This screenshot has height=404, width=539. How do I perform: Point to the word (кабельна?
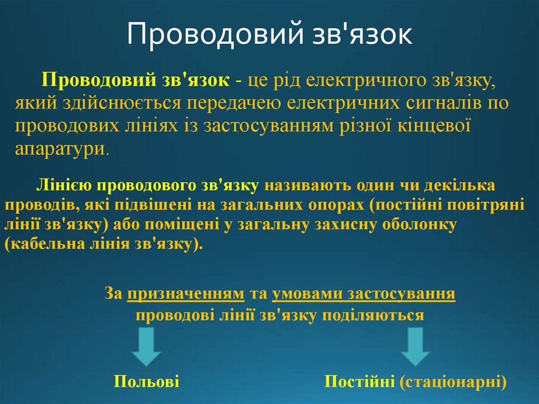(x=43, y=245)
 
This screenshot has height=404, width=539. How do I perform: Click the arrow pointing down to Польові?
(x=146, y=347)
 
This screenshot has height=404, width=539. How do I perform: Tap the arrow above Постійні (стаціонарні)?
(x=415, y=347)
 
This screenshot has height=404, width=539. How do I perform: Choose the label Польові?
(x=146, y=382)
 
